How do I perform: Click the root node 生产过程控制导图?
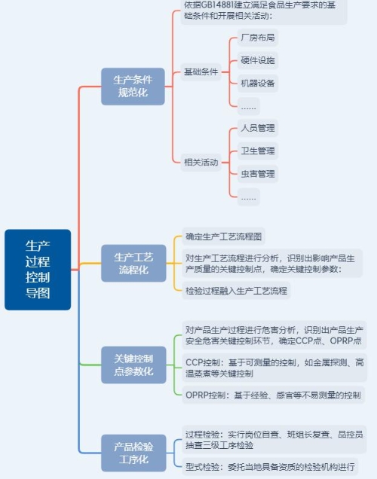(38, 270)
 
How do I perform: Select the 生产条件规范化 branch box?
(133, 87)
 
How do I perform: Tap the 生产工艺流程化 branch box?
(133, 264)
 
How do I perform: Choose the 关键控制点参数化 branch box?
(133, 365)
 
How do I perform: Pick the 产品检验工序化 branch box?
(133, 453)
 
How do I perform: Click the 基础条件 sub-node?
(201, 72)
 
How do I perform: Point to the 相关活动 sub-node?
(201, 162)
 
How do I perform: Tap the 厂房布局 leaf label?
(257, 38)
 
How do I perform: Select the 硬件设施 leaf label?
(257, 60)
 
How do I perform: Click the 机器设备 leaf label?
(257, 84)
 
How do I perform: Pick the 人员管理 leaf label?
(257, 128)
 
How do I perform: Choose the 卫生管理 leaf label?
(257, 151)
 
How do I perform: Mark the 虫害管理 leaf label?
(257, 174)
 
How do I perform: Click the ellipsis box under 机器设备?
(249, 106)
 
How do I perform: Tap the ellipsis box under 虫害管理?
(249, 197)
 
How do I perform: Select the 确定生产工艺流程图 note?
(223, 236)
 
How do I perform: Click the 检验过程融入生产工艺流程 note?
(236, 291)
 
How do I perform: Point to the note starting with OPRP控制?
(274, 395)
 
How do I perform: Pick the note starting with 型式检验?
(270, 466)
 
